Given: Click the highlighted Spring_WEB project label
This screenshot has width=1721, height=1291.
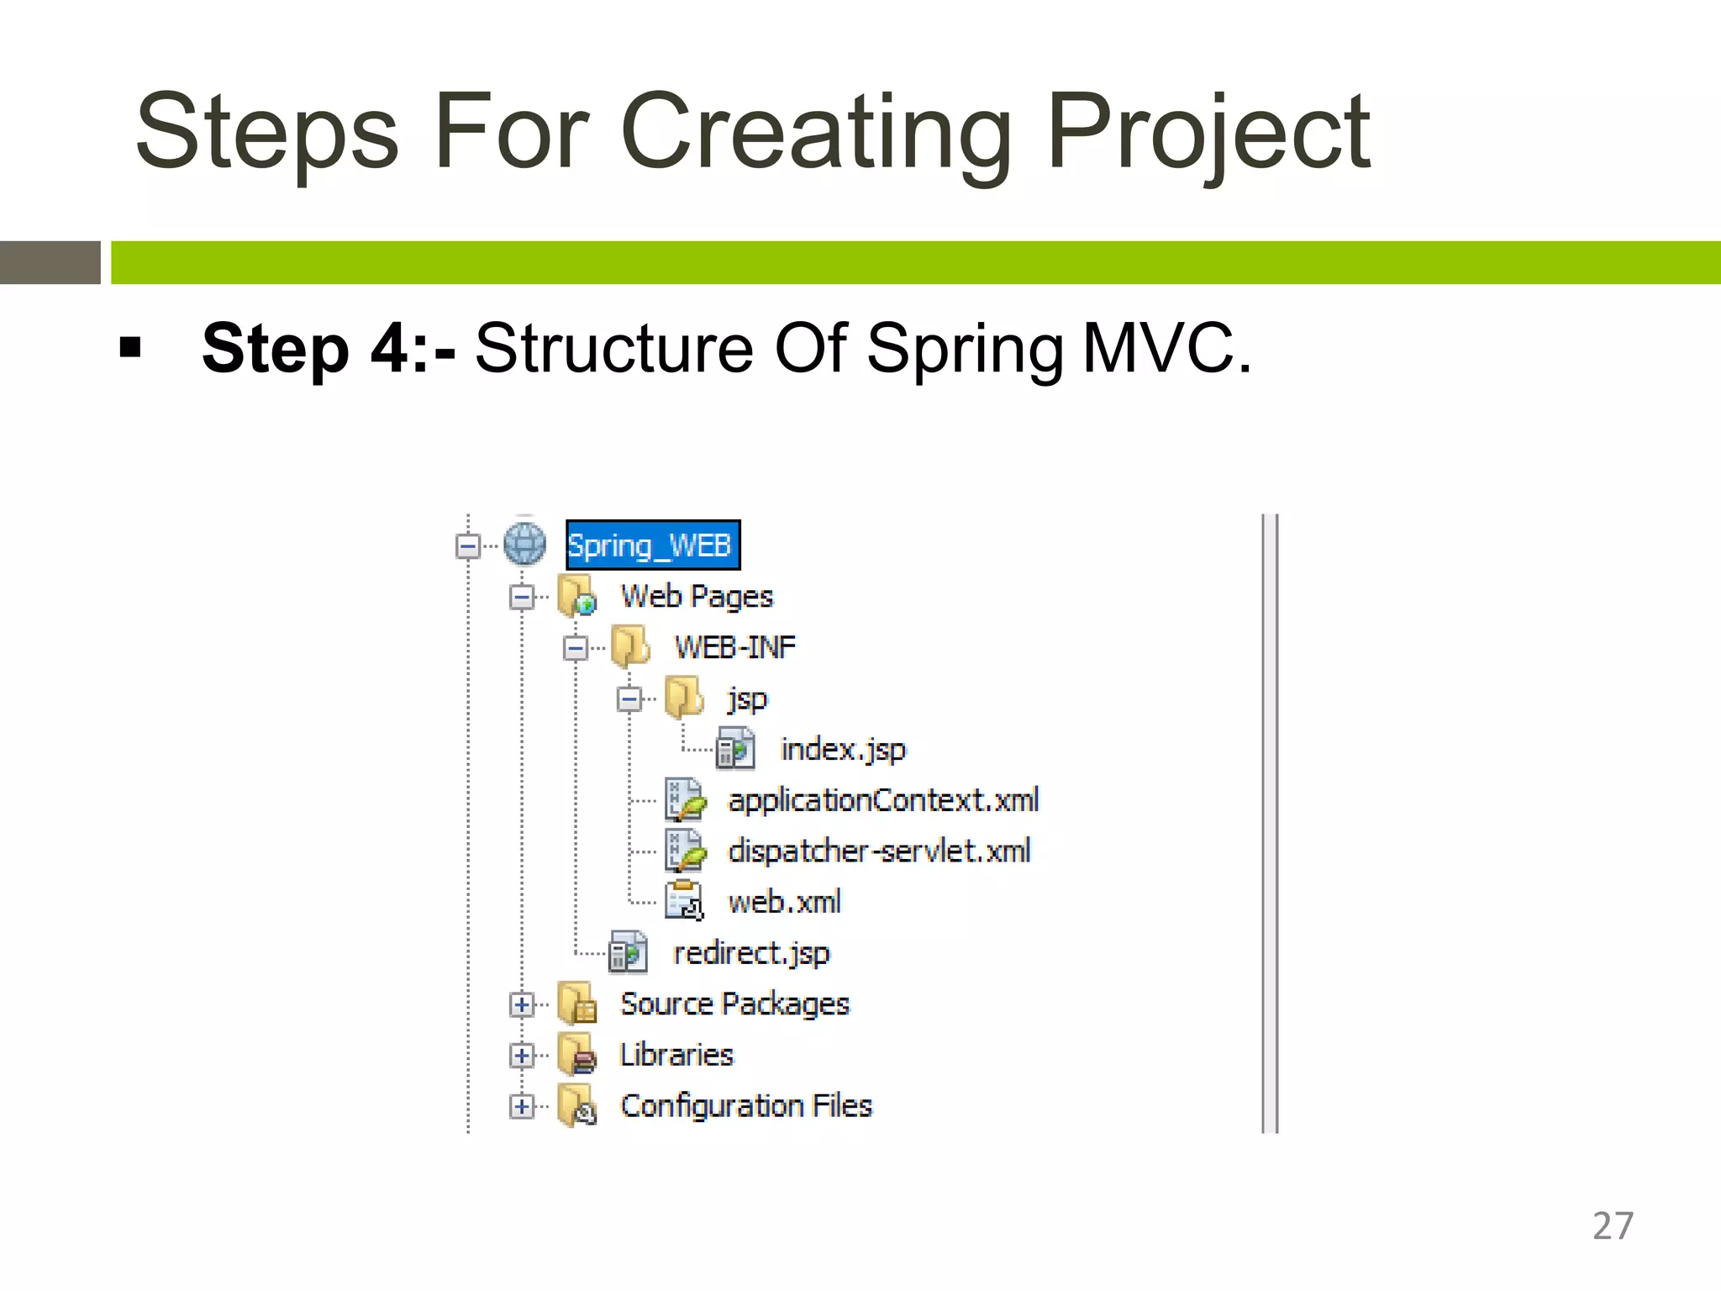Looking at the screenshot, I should tap(651, 545).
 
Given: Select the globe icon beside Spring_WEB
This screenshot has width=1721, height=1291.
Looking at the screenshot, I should tap(525, 544).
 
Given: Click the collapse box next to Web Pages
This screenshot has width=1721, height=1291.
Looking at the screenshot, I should tap(522, 598).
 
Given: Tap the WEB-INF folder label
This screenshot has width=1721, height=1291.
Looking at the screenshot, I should tap(734, 647).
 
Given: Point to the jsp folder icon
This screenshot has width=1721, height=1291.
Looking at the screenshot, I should tap(683, 698).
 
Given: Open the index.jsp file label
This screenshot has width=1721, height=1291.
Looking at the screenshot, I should tap(843, 749).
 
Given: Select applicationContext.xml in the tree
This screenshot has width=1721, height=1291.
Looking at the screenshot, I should tap(882, 800).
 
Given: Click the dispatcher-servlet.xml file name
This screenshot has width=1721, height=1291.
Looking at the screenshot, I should tap(878, 851).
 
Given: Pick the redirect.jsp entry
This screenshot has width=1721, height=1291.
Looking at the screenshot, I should tap(750, 953).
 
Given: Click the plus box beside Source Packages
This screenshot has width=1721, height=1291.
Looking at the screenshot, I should tap(522, 1004).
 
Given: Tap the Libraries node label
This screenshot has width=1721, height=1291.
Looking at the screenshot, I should tap(676, 1055).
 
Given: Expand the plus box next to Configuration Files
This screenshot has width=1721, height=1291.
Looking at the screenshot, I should tap(522, 1106).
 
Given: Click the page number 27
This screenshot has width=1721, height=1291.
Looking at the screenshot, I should tap(1613, 1226).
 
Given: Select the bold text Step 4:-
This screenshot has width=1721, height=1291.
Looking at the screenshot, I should tap(329, 348).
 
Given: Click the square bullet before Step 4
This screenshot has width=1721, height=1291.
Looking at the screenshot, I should tap(130, 347).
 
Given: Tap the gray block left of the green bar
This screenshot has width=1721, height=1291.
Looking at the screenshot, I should tap(50, 262).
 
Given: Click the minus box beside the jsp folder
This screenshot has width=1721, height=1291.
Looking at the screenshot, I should tap(629, 698).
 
